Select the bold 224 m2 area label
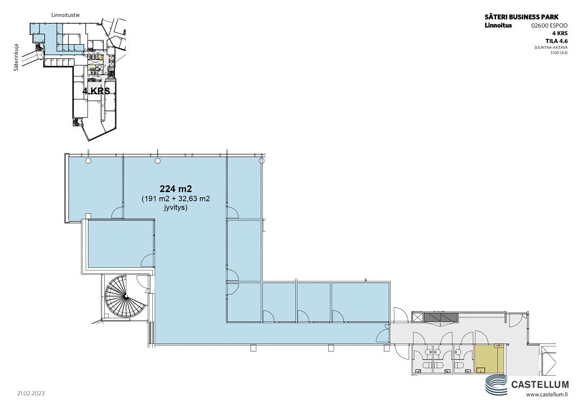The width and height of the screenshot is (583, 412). [175, 189]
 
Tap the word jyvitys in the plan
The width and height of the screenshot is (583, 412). [175, 207]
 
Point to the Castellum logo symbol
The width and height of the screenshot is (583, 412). [497, 385]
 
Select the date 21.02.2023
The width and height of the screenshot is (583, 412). [30, 393]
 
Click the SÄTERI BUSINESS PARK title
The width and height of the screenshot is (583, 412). [521, 17]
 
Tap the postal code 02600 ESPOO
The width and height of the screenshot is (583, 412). [550, 26]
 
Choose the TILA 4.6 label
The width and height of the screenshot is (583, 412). [557, 41]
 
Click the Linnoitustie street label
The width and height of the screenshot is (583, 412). [65, 15]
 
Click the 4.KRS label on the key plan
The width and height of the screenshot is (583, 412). [96, 91]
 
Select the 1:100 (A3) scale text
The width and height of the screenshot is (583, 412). [559, 52]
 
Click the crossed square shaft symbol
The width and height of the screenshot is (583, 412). [417, 317]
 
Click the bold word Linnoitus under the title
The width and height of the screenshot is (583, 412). [498, 25]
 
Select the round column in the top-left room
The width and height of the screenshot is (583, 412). [88, 160]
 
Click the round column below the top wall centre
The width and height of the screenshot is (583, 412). [158, 160]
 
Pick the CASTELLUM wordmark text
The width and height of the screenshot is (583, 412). [540, 384]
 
